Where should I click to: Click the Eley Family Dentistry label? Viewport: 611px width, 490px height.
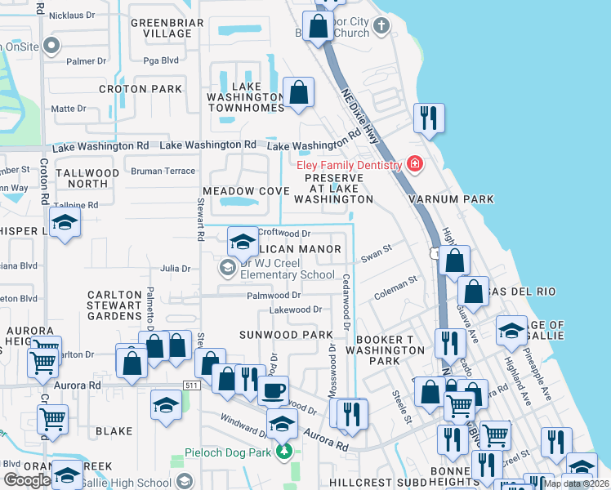(348, 165)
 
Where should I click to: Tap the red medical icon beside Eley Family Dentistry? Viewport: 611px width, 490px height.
(415, 165)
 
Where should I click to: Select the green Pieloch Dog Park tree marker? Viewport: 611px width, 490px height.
(284, 451)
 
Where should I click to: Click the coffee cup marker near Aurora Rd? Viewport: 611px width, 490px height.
(274, 389)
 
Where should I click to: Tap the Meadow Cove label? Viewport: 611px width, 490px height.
(246, 191)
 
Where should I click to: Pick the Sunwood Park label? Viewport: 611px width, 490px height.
(286, 335)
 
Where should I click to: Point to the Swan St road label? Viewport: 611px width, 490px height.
(377, 256)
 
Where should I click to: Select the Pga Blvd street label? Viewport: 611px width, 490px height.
(161, 60)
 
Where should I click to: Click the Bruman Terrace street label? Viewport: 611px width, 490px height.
(163, 171)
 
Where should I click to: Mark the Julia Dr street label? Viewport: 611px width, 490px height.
(175, 268)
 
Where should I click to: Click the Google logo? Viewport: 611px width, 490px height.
(27, 480)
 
